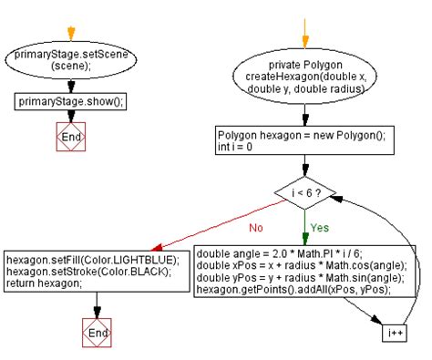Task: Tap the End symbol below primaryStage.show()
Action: (x=70, y=137)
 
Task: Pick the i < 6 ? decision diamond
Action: (x=305, y=192)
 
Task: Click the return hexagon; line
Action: (x=41, y=283)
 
